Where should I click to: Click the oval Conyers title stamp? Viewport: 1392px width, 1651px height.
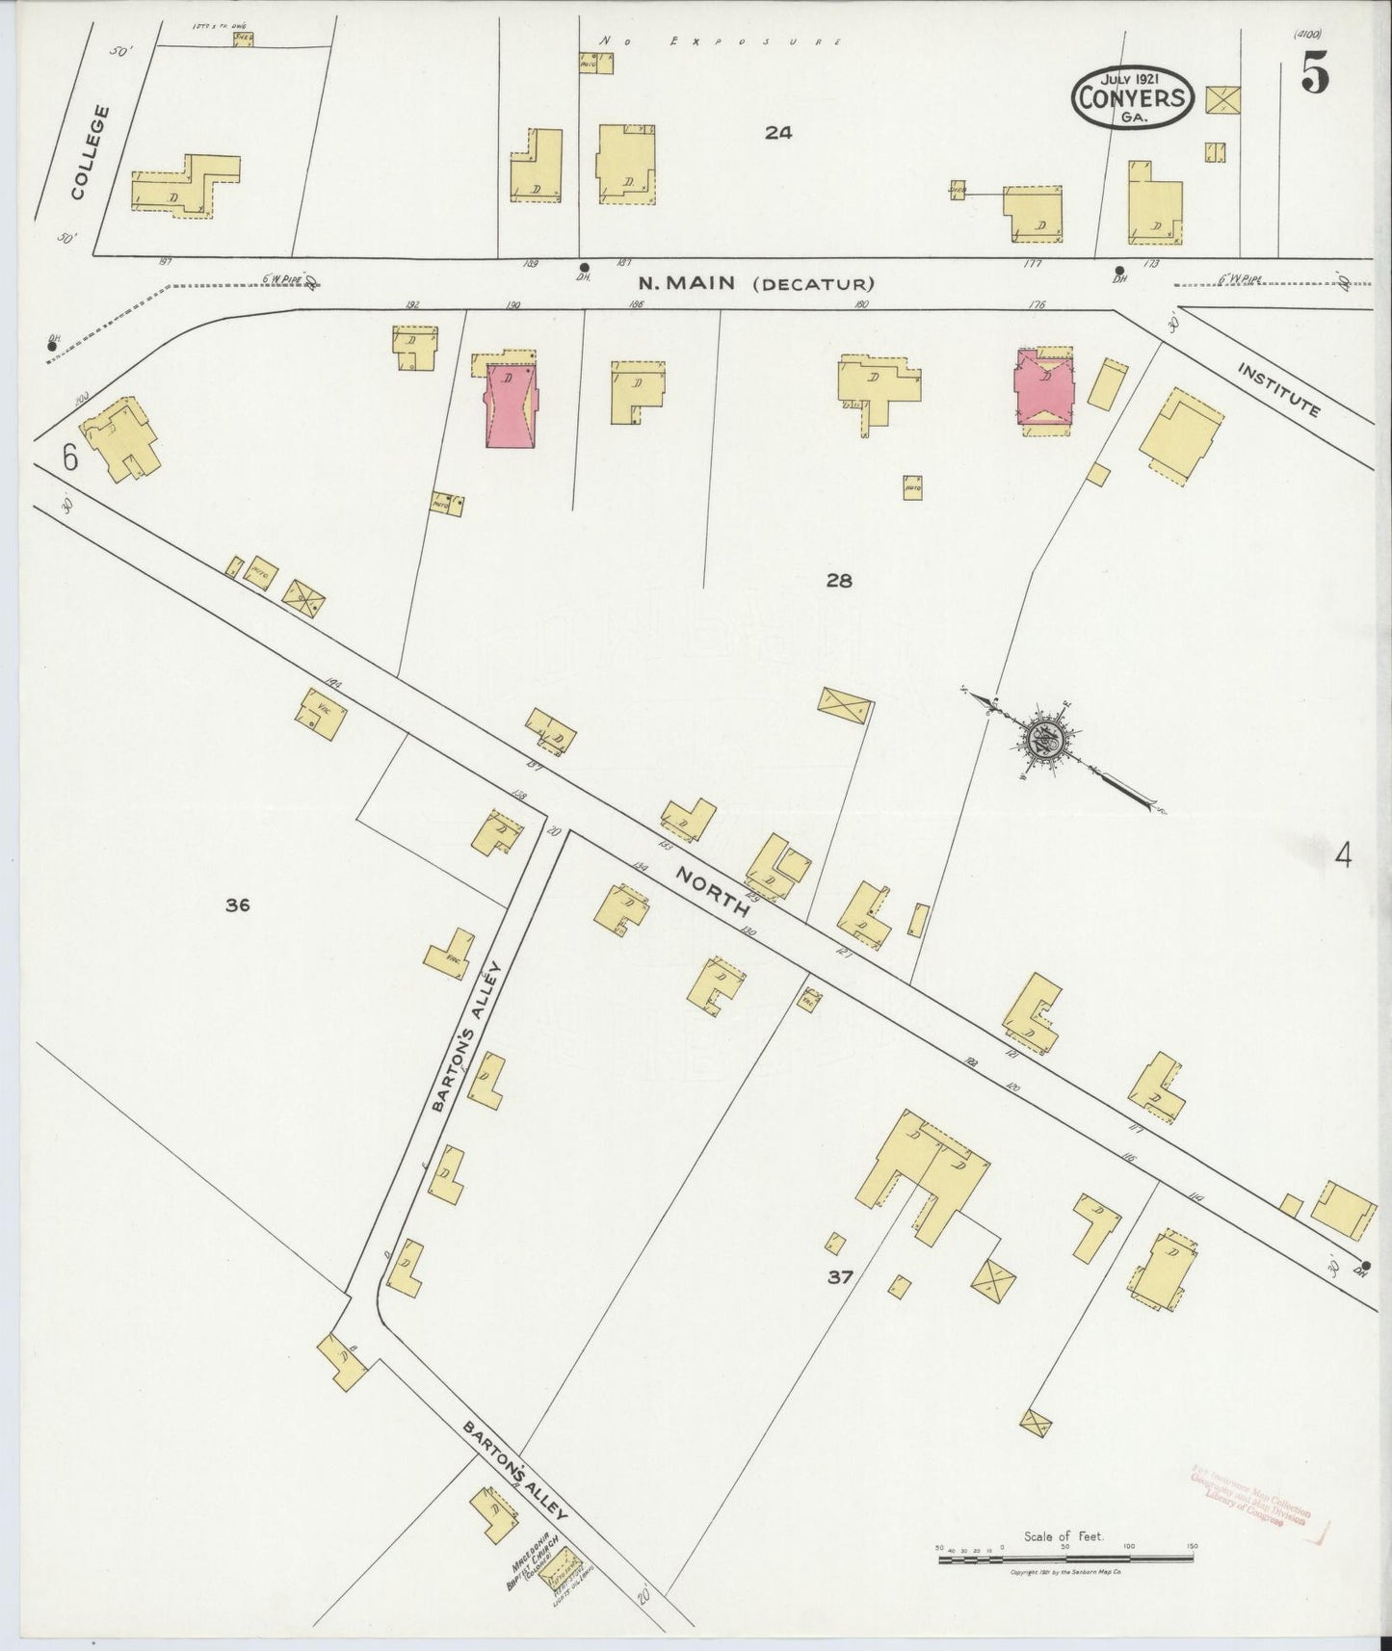[1133, 96]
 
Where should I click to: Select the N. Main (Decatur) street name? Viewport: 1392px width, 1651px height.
[756, 283]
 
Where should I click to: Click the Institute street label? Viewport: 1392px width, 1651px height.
[1277, 390]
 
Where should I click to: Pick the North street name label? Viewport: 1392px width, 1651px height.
[713, 891]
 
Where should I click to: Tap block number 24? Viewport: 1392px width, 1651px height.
[778, 134]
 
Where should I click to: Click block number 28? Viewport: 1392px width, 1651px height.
[838, 580]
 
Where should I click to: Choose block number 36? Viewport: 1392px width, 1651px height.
[238, 904]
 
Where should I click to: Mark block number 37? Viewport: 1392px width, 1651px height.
[839, 1277]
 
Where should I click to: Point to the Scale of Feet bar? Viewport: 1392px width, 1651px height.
[1065, 1554]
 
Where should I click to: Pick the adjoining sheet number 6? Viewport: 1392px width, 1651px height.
[69, 458]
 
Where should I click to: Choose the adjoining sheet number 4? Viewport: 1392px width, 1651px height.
[1343, 854]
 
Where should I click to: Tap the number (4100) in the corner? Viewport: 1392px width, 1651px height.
[1308, 33]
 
